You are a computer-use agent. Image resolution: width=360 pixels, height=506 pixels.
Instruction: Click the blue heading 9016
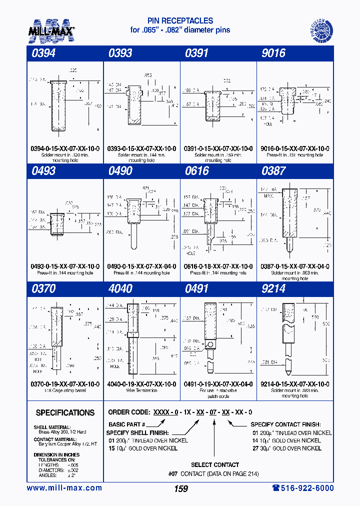click(273, 53)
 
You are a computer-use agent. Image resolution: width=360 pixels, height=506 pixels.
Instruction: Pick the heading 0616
click(197, 171)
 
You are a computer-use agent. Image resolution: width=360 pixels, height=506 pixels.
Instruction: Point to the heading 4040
click(120, 289)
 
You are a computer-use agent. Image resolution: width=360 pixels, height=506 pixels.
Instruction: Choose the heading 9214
click(273, 289)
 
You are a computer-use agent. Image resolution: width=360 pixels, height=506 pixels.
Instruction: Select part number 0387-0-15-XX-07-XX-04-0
click(295, 266)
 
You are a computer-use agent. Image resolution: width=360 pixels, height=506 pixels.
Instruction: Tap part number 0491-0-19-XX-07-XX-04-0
click(218, 384)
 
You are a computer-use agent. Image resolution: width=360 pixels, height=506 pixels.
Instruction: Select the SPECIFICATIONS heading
click(65, 413)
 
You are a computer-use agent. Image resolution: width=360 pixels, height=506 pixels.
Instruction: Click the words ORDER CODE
click(129, 412)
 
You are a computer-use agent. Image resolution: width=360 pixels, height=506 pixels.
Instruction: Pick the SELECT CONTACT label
click(215, 465)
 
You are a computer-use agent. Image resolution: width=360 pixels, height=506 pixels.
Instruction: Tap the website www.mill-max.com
click(64, 488)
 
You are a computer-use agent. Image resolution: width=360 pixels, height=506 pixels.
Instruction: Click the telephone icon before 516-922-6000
click(276, 488)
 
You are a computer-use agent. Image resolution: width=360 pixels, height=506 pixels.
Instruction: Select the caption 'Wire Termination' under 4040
click(141, 390)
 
